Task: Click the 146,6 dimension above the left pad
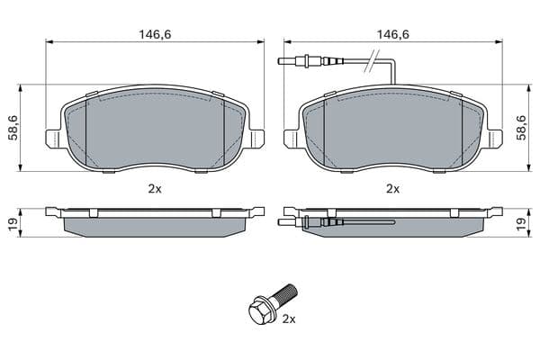coord(155,34)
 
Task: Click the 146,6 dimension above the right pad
coord(393,34)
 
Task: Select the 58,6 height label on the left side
coord(14,128)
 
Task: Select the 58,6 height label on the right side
coord(522,128)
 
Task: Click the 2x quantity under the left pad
coord(155,189)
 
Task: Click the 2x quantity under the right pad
coord(393,189)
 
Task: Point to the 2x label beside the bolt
coord(289,319)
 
